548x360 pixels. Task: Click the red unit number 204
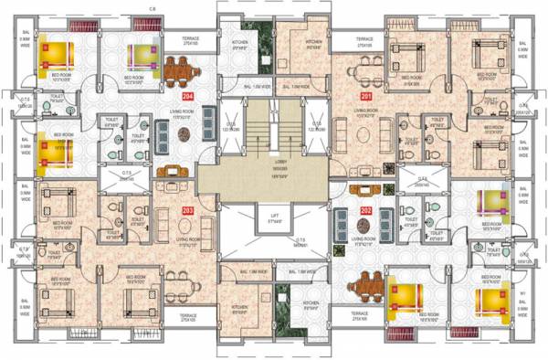(188, 94)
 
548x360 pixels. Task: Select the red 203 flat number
(188, 211)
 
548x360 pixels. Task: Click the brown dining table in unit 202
(372, 285)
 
